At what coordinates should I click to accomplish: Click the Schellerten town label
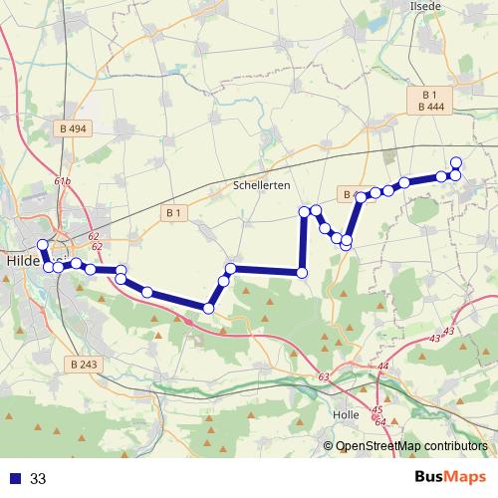point(261,186)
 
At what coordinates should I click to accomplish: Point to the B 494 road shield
point(74,128)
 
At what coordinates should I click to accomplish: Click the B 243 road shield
point(87,365)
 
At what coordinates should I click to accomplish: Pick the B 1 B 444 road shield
point(431,100)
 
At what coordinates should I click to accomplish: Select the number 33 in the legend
point(38,479)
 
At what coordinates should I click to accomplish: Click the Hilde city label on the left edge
point(22,261)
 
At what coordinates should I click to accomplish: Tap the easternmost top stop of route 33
point(456,162)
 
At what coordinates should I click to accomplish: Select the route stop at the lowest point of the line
point(208,309)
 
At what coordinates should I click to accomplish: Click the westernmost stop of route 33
point(42,245)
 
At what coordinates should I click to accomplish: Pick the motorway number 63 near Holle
point(324,377)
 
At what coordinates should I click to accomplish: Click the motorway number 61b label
point(62,181)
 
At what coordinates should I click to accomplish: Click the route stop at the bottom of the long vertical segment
point(303,273)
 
